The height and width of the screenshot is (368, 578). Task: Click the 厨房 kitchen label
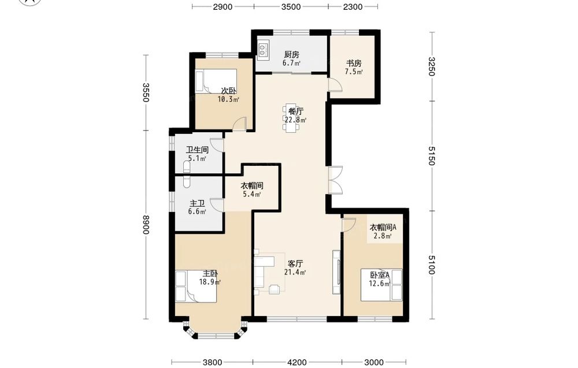[x=291, y=54]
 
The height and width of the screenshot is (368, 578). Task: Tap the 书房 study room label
[x=354, y=63]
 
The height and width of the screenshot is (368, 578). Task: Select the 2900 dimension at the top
[x=223, y=6]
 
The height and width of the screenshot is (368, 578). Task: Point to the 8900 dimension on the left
[x=146, y=224]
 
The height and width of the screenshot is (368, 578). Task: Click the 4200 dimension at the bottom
[x=297, y=362]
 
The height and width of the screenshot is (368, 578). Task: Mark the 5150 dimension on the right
[x=432, y=156]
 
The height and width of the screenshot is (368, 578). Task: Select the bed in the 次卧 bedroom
[x=216, y=81]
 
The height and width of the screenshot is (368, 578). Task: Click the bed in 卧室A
[x=381, y=285]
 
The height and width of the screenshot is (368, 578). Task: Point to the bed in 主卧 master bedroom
[x=196, y=287]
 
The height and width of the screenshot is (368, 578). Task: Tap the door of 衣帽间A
[x=349, y=225]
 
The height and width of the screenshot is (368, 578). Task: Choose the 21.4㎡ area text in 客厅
[x=295, y=272]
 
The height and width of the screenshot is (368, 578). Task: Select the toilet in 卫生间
[x=187, y=167]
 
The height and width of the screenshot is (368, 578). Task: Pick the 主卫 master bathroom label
[x=197, y=203]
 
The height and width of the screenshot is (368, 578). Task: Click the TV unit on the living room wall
[x=336, y=272]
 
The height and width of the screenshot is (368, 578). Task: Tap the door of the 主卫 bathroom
[x=217, y=205]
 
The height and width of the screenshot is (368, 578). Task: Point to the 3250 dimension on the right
[x=432, y=66]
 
